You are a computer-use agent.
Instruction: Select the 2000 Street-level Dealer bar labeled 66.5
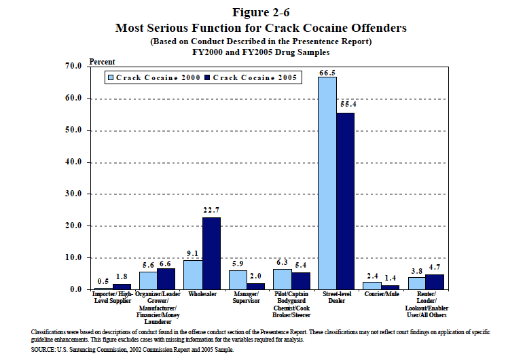tap(327, 183)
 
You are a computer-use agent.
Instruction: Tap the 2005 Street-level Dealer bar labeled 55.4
tap(345, 201)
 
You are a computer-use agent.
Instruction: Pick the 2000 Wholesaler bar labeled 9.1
tap(193, 275)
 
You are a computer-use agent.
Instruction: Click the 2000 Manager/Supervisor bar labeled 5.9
tap(238, 280)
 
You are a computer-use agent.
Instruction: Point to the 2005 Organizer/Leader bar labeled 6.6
tap(166, 279)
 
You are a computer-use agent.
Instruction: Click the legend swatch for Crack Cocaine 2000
tap(111, 78)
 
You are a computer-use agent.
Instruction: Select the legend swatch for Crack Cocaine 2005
tap(208, 78)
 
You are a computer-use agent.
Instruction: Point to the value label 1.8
tap(122, 276)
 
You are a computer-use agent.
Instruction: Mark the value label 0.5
tap(103, 281)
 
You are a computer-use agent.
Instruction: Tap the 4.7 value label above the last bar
tap(435, 267)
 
